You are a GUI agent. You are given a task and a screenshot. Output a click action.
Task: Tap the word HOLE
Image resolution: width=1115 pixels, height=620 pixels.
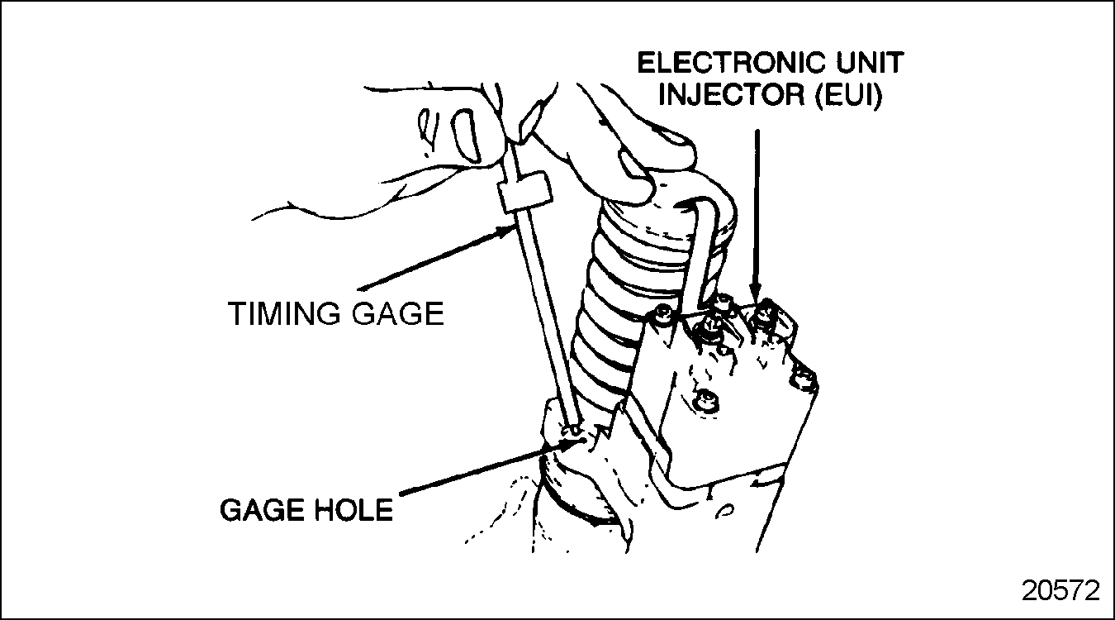pyautogui.click(x=354, y=510)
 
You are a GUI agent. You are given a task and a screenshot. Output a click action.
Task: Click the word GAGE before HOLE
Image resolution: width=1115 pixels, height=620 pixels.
pyautogui.click(x=263, y=510)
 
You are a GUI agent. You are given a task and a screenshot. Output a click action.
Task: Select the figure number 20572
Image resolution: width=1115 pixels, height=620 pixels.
pyautogui.click(x=1060, y=591)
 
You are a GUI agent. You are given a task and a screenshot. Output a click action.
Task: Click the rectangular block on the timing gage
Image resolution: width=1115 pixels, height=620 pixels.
pyautogui.click(x=524, y=192)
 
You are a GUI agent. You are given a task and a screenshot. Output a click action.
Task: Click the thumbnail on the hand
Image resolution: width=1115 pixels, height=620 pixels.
pyautogui.click(x=467, y=136)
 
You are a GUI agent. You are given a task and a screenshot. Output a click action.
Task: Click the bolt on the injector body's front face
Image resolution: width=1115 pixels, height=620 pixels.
pyautogui.click(x=706, y=398)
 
